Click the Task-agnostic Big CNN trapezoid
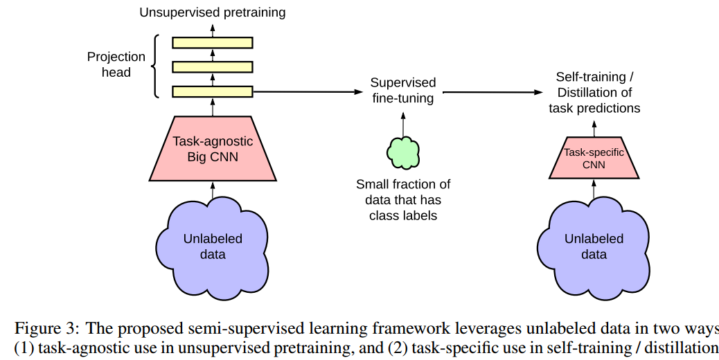pos(213,148)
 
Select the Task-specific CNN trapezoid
pos(594,158)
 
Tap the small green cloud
pos(403,152)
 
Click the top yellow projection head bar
pos(213,43)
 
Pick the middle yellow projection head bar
pos(213,67)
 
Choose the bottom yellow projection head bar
pos(213,91)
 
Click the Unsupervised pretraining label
pos(213,12)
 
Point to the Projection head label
pos(116,64)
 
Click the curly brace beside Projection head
pos(156,66)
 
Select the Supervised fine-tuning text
pos(403,90)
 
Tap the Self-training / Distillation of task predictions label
pos(594,93)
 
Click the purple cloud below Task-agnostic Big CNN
pos(213,248)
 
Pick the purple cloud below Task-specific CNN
pos(594,248)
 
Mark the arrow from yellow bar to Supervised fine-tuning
pos(308,91)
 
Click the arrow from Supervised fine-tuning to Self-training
pos(493,92)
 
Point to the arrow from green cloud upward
pos(403,124)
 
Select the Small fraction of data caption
pos(403,199)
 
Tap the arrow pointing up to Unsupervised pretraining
pos(213,30)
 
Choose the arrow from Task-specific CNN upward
pos(594,129)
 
